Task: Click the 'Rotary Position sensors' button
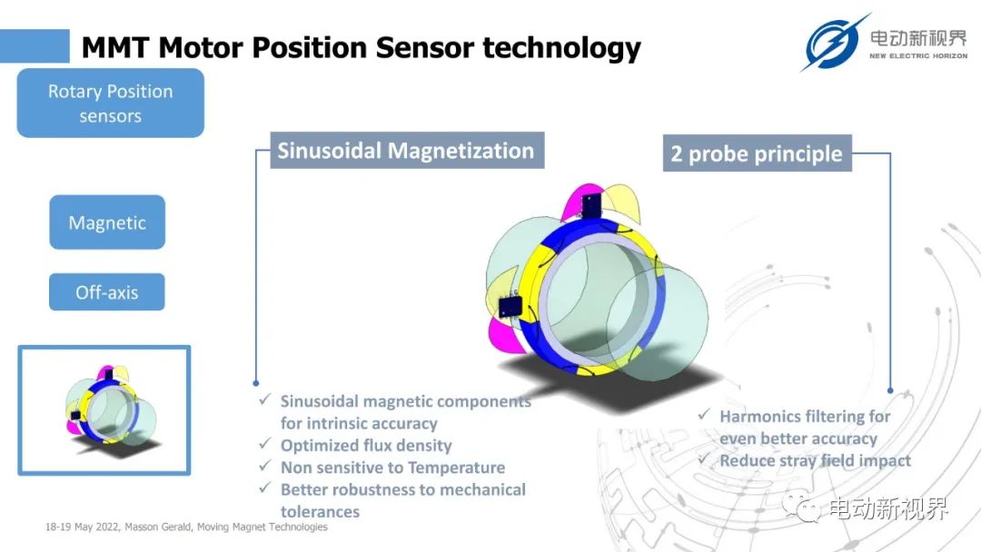110,103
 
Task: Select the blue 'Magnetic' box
107,222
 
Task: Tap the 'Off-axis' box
107,292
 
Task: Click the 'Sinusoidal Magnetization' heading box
407,151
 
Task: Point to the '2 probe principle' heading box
757,153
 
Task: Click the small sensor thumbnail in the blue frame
104,410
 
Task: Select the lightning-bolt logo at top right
833,43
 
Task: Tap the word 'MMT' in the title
115,47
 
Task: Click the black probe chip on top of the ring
591,205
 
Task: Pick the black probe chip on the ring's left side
510,306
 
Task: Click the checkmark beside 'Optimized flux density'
265,444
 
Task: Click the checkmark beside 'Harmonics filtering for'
704,414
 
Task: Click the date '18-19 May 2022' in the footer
82,527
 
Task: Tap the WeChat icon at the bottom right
801,507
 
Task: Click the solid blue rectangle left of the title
35,46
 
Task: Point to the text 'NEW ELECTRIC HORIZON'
918,55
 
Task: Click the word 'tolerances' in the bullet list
320,512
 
